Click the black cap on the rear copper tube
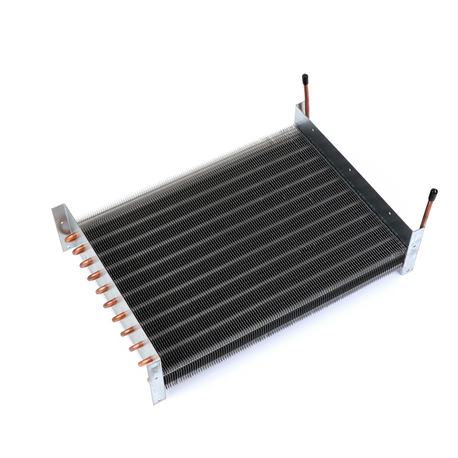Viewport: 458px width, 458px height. pos(305,77)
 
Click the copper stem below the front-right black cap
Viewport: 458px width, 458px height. pos(427,213)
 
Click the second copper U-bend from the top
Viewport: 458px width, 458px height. pos(78,250)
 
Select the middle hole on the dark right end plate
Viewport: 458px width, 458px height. pos(349,170)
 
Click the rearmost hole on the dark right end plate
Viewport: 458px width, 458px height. pos(313,129)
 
